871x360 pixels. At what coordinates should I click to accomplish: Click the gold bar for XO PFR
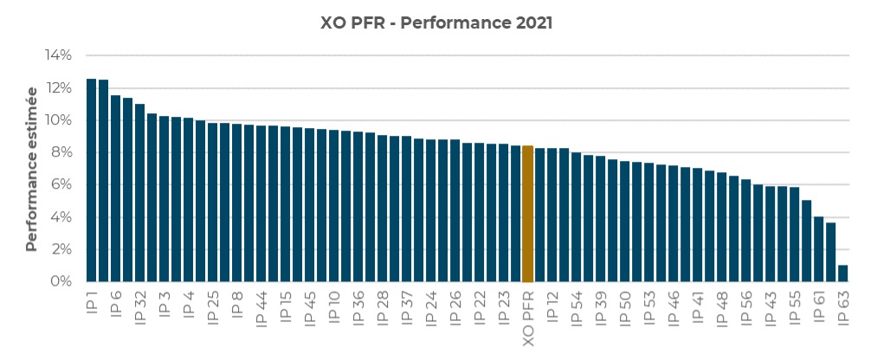coord(527,214)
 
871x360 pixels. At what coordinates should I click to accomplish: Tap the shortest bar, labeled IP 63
coord(842,273)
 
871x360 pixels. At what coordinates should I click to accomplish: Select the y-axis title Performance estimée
coord(32,168)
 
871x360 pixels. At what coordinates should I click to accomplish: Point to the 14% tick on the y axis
coord(58,55)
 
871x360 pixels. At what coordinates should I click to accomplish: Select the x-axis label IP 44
coord(261,312)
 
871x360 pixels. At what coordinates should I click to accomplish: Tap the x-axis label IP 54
coord(577,312)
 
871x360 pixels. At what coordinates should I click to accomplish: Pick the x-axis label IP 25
coord(213,312)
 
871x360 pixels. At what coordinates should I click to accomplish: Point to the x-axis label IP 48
coord(722,312)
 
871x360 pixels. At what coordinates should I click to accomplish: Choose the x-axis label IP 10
coord(334,312)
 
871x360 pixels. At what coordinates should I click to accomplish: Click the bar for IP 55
coord(794,235)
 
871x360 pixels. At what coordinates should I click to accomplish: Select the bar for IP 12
coord(552,215)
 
